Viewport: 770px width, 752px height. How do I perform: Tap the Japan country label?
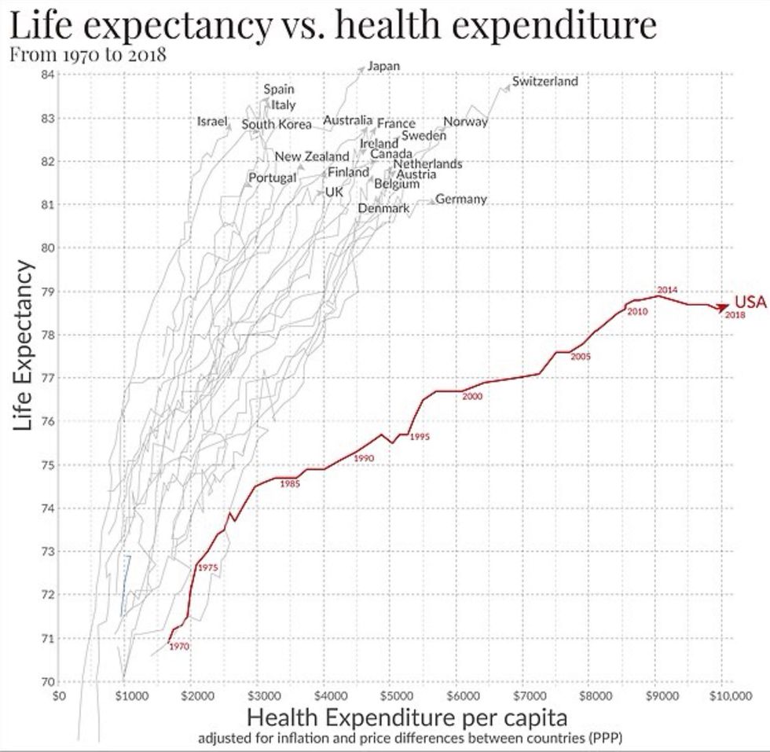tap(383, 66)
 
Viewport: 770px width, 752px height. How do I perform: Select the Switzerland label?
tap(544, 81)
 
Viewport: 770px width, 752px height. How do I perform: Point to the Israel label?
tap(211, 122)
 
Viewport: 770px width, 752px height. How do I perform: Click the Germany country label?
tap(461, 199)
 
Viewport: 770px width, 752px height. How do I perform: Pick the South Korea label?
tap(277, 125)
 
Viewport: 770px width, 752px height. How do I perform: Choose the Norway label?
tap(466, 121)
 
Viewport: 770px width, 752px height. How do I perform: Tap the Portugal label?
tap(271, 178)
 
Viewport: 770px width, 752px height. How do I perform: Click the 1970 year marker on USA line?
tap(178, 646)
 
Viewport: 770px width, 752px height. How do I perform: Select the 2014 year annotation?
tap(667, 290)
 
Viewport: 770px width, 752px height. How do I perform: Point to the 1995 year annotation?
tap(420, 437)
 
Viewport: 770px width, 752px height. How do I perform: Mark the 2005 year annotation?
tap(581, 357)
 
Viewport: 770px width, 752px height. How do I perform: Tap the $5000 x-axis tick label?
tap(398, 695)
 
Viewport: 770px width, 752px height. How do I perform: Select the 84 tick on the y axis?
tap(46, 75)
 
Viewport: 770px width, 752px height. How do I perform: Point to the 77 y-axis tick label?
tap(46, 378)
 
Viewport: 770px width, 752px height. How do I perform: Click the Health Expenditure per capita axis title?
tap(407, 718)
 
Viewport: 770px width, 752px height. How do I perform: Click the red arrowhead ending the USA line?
tap(723, 306)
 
